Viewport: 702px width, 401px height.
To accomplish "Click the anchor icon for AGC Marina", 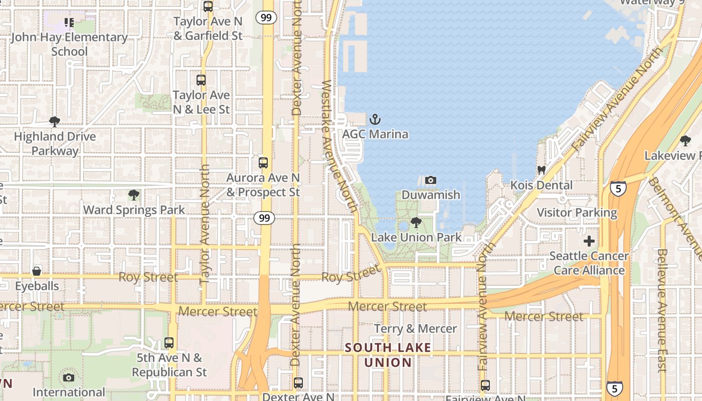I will (375, 119).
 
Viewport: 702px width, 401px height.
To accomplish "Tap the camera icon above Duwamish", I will (430, 180).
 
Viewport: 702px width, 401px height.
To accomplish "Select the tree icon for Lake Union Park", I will (416, 222).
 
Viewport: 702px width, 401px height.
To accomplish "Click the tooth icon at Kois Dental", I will (541, 170).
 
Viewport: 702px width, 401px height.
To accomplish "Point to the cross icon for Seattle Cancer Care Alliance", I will (589, 241).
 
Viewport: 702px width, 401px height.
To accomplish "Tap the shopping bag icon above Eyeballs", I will (37, 271).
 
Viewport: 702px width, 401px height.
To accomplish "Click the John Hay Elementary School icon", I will (69, 23).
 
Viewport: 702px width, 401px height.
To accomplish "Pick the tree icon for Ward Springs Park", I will (133, 195).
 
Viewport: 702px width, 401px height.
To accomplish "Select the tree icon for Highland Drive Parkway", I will (55, 121).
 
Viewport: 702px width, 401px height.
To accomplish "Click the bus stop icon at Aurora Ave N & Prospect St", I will (263, 163).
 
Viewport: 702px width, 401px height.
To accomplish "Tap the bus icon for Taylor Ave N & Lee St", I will (201, 80).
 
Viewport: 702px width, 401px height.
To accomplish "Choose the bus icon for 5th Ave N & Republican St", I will (169, 343).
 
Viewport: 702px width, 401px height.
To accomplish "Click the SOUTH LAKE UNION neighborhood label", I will (388, 354).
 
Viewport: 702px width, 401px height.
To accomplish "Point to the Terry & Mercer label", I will (415, 329).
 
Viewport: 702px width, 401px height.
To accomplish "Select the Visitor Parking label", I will (577, 213).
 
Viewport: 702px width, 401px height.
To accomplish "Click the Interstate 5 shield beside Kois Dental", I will (618, 188).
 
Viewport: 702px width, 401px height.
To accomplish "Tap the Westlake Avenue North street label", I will (339, 145).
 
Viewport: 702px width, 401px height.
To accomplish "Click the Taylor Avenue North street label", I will (205, 226).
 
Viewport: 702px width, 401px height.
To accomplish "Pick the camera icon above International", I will (69, 377).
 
